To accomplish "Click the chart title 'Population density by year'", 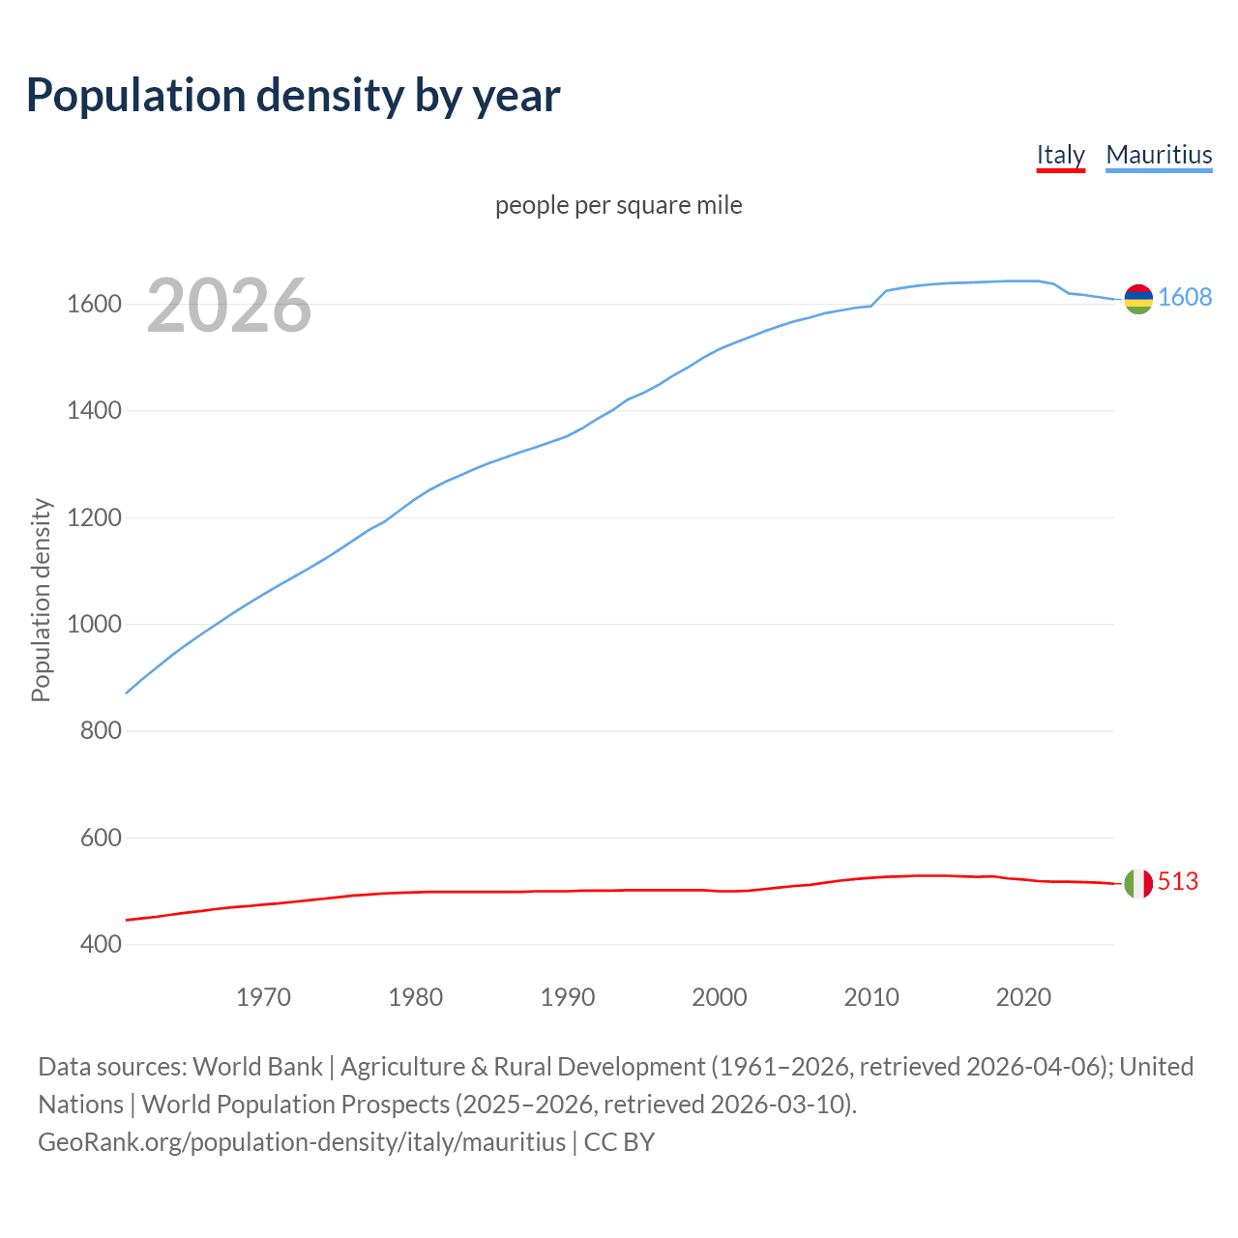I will [293, 96].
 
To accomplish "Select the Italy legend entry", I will [1060, 155].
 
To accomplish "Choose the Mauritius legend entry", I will [1159, 155].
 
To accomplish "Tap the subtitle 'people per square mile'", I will [619, 205].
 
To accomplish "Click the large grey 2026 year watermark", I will [229, 306].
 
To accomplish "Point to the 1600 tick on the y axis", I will [94, 305].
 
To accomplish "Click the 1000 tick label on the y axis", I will [94, 625].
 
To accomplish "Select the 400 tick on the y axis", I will [101, 944].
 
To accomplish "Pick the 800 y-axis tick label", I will [101, 731].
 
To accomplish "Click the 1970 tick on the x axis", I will [263, 997].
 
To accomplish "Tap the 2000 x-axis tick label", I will [720, 997].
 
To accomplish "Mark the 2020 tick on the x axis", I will [1023, 997].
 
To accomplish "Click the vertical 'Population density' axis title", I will [41, 600].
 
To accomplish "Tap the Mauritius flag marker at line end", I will [1138, 299].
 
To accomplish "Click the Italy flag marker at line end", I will [1138, 883].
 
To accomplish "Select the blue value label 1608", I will [1185, 298].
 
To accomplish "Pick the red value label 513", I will [1178, 882].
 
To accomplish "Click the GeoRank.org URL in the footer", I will [302, 1142].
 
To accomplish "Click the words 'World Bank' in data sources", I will [257, 1067].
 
